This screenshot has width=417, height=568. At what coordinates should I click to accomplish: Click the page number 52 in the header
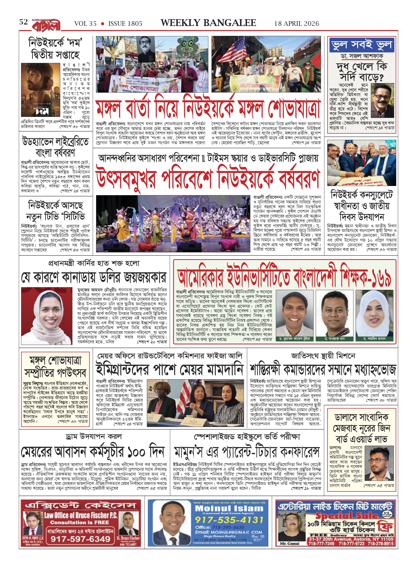(24, 22)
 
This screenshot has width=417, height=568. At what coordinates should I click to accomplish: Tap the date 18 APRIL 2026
(296, 23)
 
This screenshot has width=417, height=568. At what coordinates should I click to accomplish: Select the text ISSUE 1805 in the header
(125, 23)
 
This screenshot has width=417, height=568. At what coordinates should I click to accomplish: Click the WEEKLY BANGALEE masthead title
(208, 23)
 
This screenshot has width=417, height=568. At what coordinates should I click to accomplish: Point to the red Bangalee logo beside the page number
(46, 25)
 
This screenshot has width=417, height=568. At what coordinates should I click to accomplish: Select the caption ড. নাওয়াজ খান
(334, 339)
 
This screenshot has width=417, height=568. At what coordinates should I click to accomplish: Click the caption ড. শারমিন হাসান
(374, 339)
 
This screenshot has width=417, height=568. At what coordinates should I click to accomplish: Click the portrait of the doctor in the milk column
(383, 101)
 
